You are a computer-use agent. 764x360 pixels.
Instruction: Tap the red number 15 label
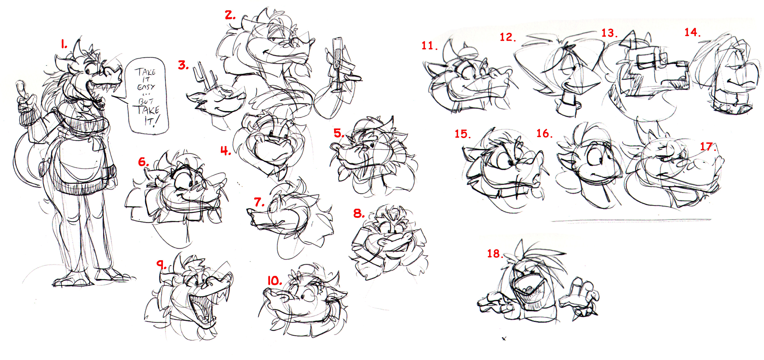[463, 134]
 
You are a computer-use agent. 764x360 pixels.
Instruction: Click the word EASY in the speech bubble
[146, 87]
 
